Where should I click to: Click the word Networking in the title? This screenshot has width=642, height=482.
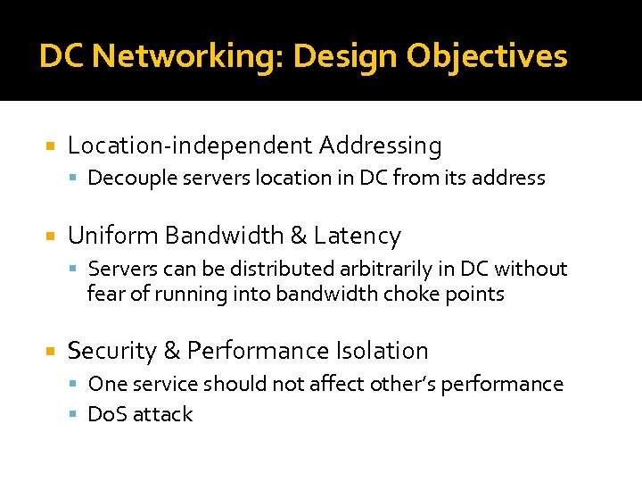185,57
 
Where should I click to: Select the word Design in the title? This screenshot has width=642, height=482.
345,57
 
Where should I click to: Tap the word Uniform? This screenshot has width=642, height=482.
113,236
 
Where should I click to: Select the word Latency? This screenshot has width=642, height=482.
358,236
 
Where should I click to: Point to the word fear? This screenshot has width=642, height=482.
105,294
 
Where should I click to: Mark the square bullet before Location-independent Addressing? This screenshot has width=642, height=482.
51,145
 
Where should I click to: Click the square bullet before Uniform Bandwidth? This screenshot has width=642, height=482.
51,237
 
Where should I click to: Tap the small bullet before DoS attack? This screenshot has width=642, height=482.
77,415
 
